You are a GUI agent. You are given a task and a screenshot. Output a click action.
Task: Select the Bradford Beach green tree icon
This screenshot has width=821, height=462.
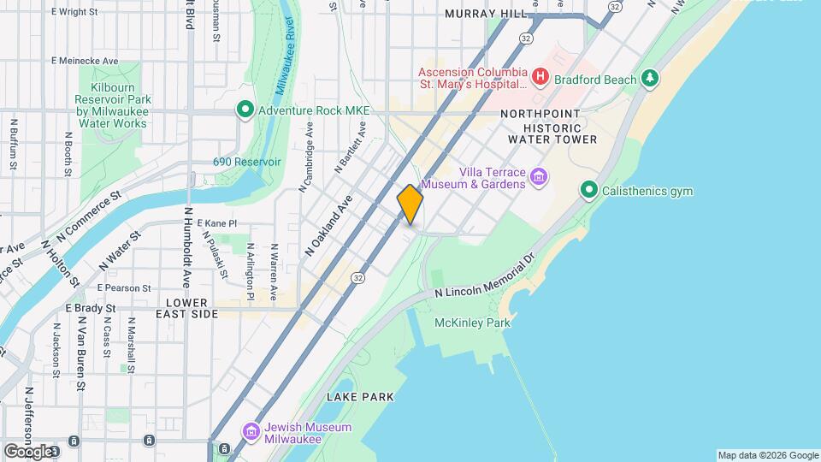click(652, 79)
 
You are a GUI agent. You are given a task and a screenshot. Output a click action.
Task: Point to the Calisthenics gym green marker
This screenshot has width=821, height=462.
click(588, 190)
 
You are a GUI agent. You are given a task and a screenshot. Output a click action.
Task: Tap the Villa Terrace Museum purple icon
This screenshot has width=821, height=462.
click(539, 177)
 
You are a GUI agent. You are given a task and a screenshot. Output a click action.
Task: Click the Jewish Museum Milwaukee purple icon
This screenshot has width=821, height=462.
click(250, 432)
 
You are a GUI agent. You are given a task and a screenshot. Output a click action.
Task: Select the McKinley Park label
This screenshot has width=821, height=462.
click(472, 323)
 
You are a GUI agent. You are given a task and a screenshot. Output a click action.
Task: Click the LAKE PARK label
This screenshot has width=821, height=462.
click(360, 397)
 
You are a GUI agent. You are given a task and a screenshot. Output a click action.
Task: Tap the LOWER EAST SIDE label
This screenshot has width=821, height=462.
click(186, 308)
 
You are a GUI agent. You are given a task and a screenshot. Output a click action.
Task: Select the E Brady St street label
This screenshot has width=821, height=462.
click(90, 308)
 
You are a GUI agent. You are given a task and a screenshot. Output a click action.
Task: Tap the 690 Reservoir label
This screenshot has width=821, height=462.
click(247, 162)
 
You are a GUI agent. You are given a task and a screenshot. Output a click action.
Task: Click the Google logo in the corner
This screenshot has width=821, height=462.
click(28, 451)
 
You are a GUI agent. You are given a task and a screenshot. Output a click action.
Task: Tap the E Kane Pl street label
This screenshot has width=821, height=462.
click(216, 222)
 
